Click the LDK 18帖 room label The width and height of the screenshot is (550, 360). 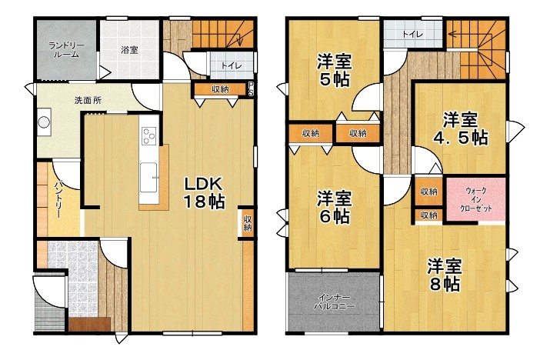tap(204, 192)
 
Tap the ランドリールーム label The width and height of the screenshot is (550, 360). tap(66, 50)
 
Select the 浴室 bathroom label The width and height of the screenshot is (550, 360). tap(129, 50)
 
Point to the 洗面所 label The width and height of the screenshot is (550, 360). tap(88, 100)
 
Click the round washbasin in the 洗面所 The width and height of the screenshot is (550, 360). tap(44, 122)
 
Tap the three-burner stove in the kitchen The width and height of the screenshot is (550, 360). tap(148, 135)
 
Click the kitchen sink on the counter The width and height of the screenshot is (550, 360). tap(148, 177)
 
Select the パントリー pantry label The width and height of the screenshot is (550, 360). tap(58, 198)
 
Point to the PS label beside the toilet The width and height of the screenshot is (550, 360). tap(251, 88)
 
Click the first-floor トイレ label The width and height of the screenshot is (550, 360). tap(232, 65)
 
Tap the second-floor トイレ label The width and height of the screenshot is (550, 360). tap(412, 34)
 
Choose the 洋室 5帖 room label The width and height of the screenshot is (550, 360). tap(334, 71)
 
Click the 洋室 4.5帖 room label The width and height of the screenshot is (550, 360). tap(460, 128)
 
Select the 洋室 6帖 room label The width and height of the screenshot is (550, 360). tap(334, 208)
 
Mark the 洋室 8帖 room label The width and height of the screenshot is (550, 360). tap(445, 275)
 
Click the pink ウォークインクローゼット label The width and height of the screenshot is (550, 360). tap(476, 199)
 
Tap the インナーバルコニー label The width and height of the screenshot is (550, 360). tap(334, 302)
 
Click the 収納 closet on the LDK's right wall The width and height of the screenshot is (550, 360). tap(248, 223)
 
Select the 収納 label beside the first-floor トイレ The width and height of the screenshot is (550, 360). tap(220, 89)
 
